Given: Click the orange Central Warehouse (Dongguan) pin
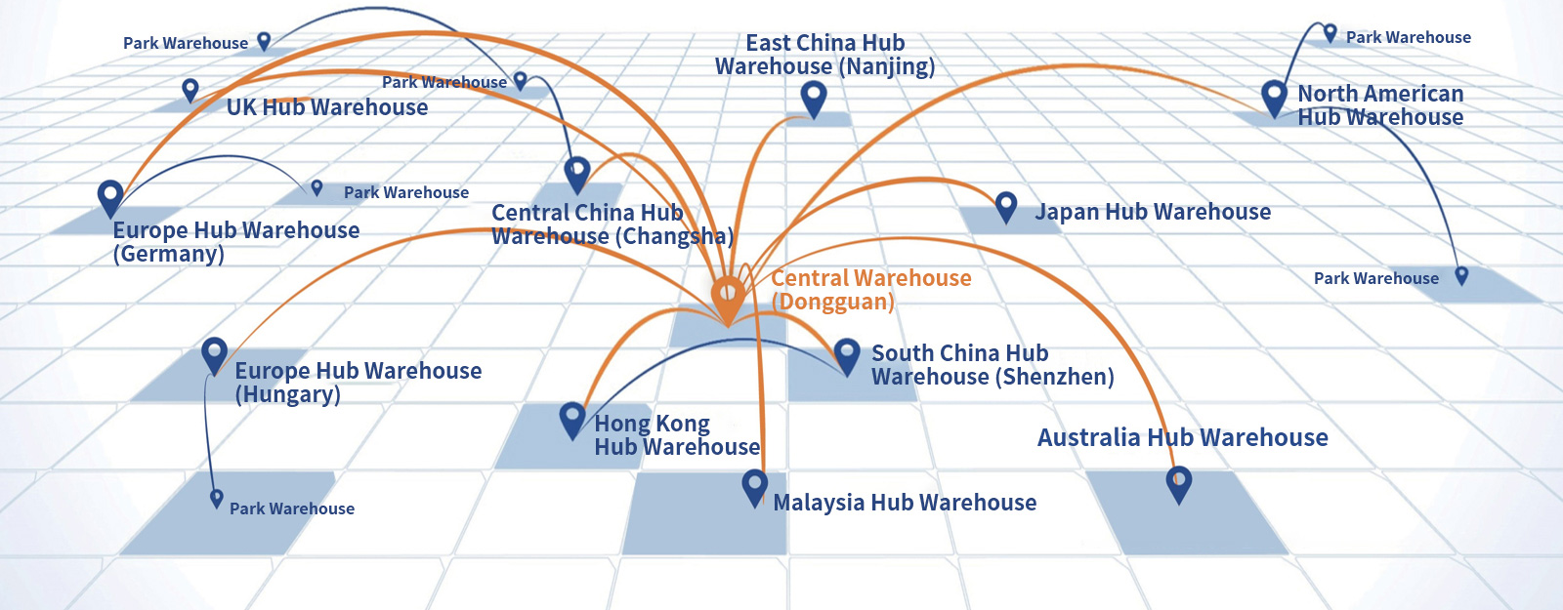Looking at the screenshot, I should tap(728, 295).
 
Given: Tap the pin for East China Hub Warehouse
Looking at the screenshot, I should tap(813, 98).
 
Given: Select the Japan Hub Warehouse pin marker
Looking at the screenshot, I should tap(1006, 206).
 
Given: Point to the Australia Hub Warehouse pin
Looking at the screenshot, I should tap(1179, 482).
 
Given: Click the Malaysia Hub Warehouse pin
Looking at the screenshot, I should tap(754, 485).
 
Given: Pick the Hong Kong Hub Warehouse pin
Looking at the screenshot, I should tap(572, 419).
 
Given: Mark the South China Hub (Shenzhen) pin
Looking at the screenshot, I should tap(847, 354).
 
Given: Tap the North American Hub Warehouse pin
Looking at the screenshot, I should tap(1274, 97).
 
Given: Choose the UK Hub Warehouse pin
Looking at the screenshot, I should tap(190, 90).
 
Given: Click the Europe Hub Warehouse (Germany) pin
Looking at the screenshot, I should tap(110, 196).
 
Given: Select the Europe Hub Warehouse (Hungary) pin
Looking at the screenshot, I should tap(214, 354).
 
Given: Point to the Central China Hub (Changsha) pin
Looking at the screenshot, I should tap(577, 174).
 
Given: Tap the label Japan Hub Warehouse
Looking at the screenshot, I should tap(1153, 212).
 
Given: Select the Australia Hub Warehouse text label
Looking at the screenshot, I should tap(1182, 437).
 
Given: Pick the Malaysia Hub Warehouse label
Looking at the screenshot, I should tap(905, 503).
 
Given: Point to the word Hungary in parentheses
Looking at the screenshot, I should tap(288, 395).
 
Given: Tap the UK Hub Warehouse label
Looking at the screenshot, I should tap(327, 107).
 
